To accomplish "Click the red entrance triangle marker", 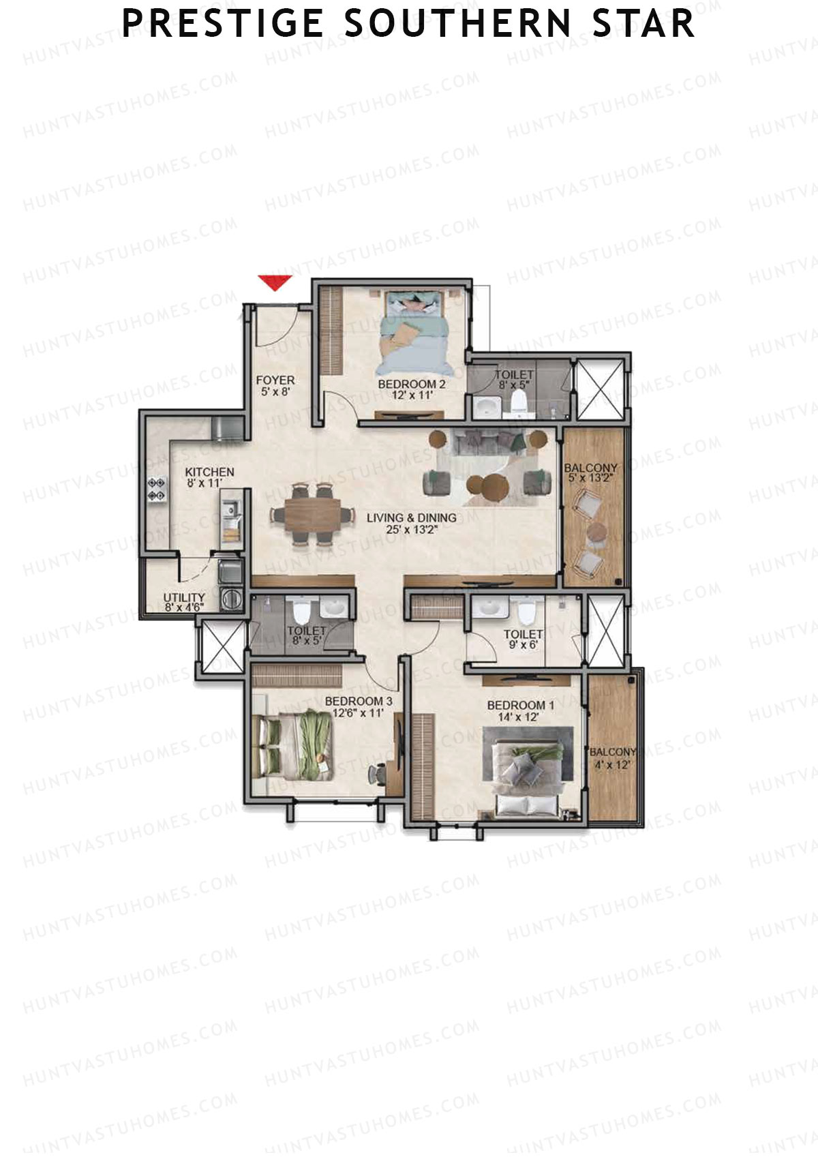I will pos(275,282).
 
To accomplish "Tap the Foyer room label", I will pos(275,385).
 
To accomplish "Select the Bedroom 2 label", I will pos(412,389).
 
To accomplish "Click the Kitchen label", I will pos(209,477).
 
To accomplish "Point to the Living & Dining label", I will pos(411,522).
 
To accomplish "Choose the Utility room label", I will pos(184,602).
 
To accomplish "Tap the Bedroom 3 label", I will pos(359,706).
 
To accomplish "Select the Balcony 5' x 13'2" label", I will pos(591,472).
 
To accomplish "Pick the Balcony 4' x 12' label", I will pos(612,757).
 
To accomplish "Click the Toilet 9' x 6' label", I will pos(523,640).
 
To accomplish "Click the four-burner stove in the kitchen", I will pos(156,490).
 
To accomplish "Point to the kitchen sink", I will pos(230,509).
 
